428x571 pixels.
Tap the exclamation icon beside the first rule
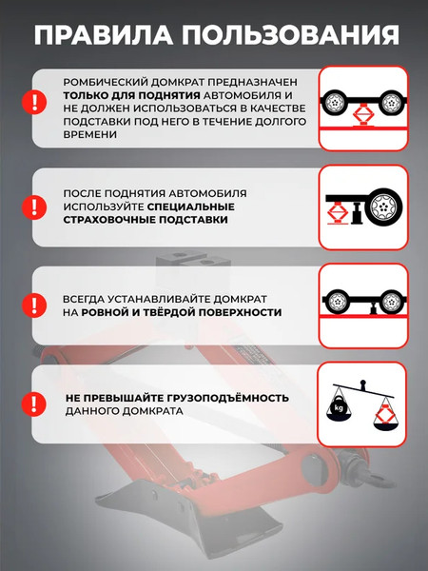[34, 101]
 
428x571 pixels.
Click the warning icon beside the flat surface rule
[34, 304]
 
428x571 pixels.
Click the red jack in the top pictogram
[362, 116]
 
